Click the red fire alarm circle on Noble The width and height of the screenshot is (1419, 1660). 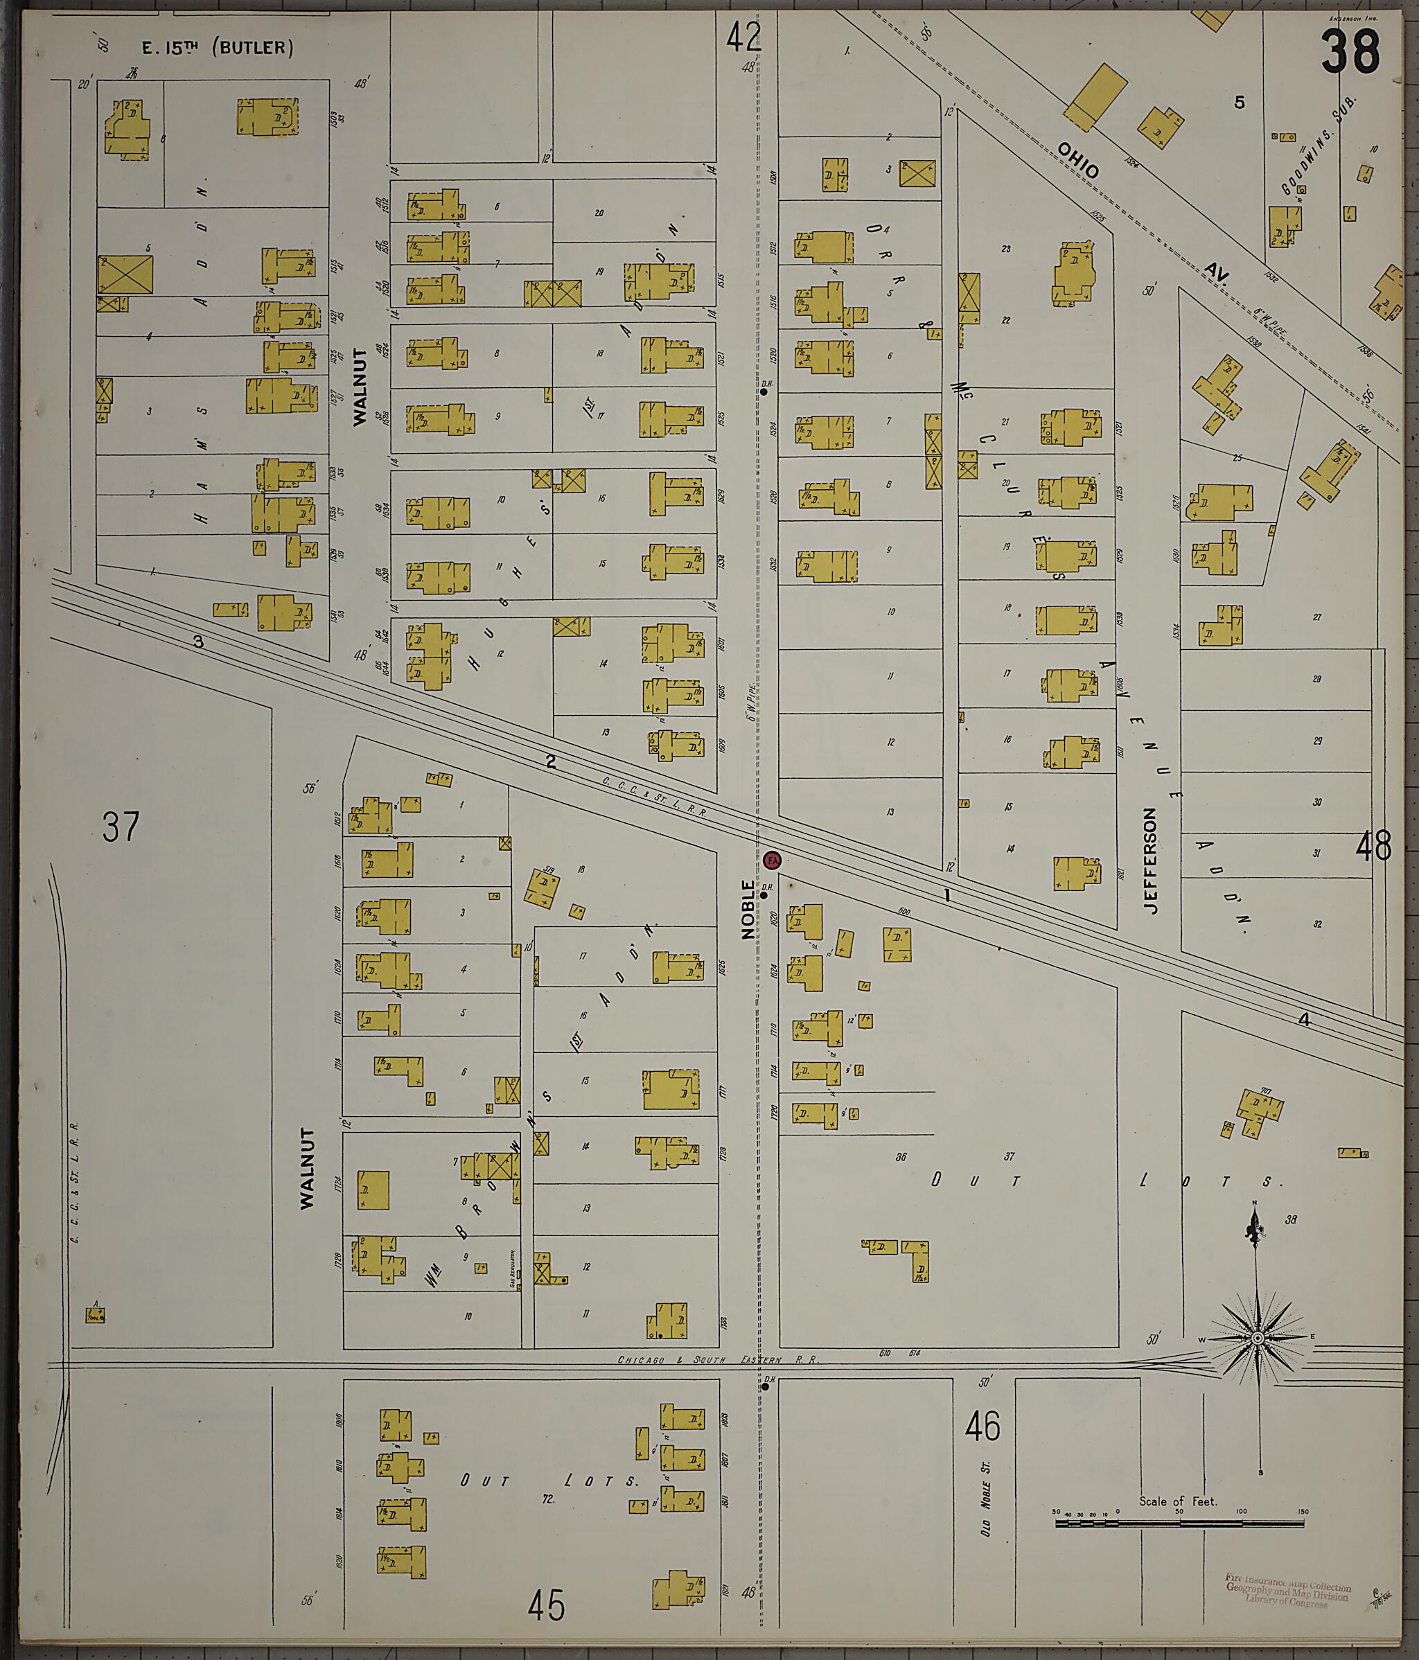click(772, 860)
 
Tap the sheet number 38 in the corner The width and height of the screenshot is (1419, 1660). click(1351, 52)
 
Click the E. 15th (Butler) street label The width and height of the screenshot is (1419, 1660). click(217, 48)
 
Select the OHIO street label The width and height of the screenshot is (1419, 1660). click(1077, 161)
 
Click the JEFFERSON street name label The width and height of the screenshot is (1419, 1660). click(1152, 860)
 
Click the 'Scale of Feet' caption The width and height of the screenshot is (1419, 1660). click(1177, 1501)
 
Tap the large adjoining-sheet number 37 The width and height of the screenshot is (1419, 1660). click(121, 827)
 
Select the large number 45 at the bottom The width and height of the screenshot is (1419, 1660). click(547, 1605)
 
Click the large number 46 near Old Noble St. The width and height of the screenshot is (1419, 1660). click(982, 1426)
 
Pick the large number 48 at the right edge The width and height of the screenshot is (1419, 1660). click(1373, 847)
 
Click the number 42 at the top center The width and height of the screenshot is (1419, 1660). click(743, 36)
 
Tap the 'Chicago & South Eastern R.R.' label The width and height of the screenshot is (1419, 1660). click(718, 1359)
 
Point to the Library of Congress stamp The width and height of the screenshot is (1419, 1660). click(1287, 1589)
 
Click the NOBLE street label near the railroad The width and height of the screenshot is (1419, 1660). click(748, 909)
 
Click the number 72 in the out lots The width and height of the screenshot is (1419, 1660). click(548, 1497)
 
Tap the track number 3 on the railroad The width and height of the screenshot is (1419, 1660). click(198, 642)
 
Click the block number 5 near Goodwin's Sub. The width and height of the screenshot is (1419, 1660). click(1239, 103)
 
